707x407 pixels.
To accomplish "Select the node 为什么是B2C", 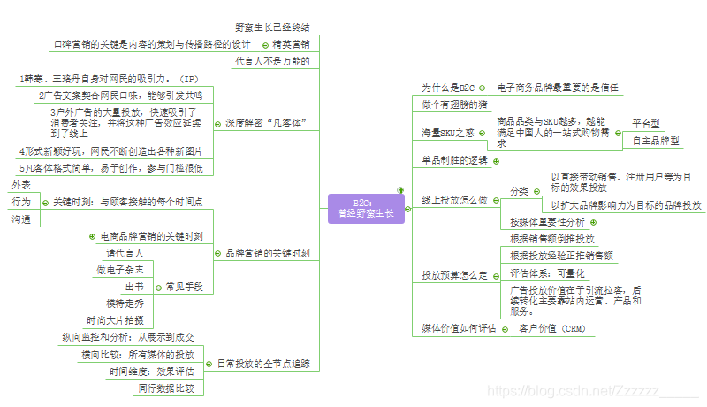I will pos(448,88).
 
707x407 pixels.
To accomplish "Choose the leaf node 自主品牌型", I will pos(657,141).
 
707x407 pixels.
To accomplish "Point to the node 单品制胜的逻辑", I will pos(454,160).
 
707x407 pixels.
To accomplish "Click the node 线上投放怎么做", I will pos(454,200).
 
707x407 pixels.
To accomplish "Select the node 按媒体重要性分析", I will pos(548,221).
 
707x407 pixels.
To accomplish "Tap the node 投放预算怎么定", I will pos(454,274).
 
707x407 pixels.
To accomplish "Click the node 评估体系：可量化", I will pos(548,273).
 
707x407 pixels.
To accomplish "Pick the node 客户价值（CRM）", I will pos(552,329).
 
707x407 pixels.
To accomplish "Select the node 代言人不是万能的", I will pos(272,61).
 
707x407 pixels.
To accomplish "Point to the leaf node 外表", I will pos(21,185).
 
